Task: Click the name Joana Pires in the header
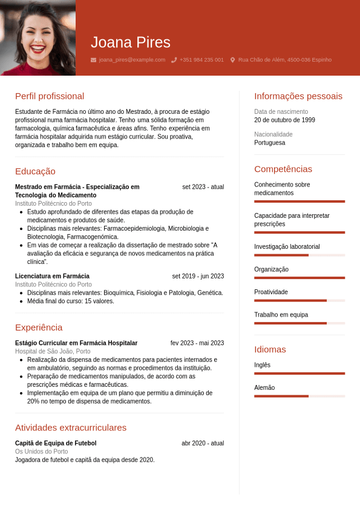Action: [131, 42]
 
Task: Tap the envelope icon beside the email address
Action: [93, 60]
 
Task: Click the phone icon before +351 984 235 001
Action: [174, 60]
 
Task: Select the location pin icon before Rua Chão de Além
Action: [232, 60]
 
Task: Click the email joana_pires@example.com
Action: [132, 60]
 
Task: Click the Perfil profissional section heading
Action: [50, 96]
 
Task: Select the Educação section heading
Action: [35, 171]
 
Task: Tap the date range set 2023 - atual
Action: [203, 187]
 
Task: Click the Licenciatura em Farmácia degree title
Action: [52, 276]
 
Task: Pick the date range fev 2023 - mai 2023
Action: [197, 343]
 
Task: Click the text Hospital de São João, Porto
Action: [53, 351]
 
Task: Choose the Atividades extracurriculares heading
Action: [71, 427]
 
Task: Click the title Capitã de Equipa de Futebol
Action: [56, 443]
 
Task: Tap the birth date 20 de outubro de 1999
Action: [284, 120]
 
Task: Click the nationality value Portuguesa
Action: [269, 143]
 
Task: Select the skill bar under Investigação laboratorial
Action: [299, 255]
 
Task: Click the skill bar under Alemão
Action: [299, 396]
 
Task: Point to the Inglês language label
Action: [263, 365]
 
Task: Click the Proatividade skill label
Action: [271, 292]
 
